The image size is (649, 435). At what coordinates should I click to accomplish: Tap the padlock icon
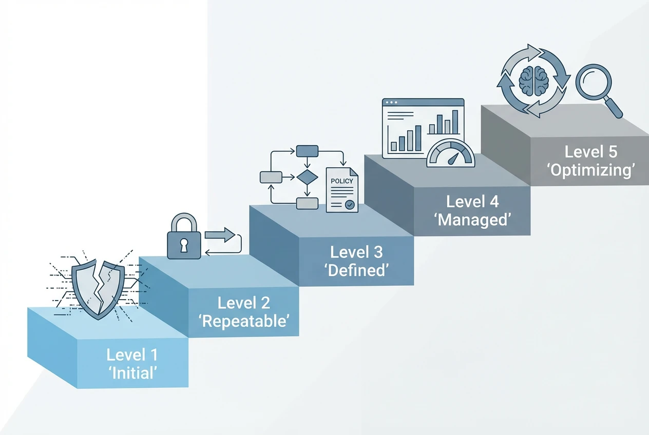[183, 238]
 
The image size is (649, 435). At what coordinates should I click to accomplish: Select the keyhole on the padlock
[183, 246]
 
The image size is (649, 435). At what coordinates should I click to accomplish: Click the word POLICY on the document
[341, 181]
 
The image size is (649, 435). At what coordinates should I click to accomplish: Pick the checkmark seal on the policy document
[350, 205]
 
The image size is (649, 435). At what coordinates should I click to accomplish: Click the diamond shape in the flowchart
[307, 177]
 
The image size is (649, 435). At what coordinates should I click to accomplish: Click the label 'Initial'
[132, 372]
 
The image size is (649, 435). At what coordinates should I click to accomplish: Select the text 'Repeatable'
[244, 321]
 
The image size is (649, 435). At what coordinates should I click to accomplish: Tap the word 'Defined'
[356, 270]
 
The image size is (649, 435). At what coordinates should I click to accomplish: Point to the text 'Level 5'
[591, 152]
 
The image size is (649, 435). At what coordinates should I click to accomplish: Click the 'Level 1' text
[132, 354]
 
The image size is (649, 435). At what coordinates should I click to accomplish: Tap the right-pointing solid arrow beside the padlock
[220, 235]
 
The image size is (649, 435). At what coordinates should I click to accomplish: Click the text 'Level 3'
[356, 252]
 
